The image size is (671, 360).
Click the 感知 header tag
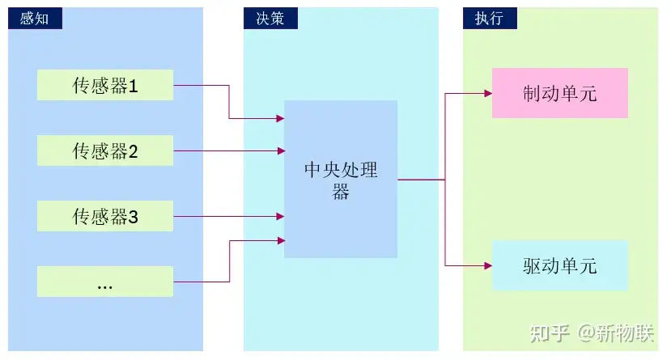[35, 19]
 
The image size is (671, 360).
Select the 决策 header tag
[270, 19]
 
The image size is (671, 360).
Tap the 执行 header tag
[490, 19]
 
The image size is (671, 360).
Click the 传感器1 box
[105, 85]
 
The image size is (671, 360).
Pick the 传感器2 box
[105, 150]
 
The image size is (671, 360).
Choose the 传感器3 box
[105, 216]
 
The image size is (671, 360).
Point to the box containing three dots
[105, 282]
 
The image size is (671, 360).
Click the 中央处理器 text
[341, 180]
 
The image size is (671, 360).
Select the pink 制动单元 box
[560, 93]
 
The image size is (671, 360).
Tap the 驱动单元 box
[560, 265]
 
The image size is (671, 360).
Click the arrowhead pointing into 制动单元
[488, 93]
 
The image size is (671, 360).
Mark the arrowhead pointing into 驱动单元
[488, 266]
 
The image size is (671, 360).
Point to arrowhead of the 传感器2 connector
[281, 151]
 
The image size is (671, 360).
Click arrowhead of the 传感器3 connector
[281, 216]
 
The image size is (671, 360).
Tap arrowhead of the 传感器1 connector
[281, 118]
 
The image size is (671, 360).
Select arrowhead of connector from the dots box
[281, 241]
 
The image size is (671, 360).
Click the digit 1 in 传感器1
[133, 87]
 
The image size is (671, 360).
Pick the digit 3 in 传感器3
[133, 217]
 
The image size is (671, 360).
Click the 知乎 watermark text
[550, 333]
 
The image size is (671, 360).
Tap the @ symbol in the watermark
[586, 333]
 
